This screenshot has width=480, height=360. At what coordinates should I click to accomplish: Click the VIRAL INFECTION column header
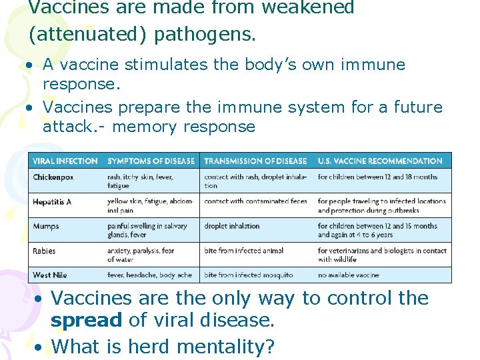65,161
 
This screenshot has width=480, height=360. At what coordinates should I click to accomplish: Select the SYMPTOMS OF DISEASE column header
151,161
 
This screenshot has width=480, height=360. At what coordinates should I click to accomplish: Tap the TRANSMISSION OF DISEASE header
255,161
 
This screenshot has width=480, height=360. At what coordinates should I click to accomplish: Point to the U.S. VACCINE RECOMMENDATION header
380,161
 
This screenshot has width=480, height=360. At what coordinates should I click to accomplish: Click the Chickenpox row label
54,177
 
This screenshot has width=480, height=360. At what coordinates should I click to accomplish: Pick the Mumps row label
46,226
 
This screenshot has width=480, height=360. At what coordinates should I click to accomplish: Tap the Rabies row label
45,251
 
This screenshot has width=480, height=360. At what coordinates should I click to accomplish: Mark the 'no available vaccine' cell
349,275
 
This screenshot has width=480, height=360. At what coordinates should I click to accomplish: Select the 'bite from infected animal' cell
244,251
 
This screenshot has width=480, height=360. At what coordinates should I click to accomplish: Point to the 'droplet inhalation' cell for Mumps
232,226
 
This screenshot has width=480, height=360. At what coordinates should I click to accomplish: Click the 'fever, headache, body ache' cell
149,275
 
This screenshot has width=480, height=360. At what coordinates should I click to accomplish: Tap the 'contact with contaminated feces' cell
255,201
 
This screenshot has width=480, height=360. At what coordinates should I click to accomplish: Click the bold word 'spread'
86,320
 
